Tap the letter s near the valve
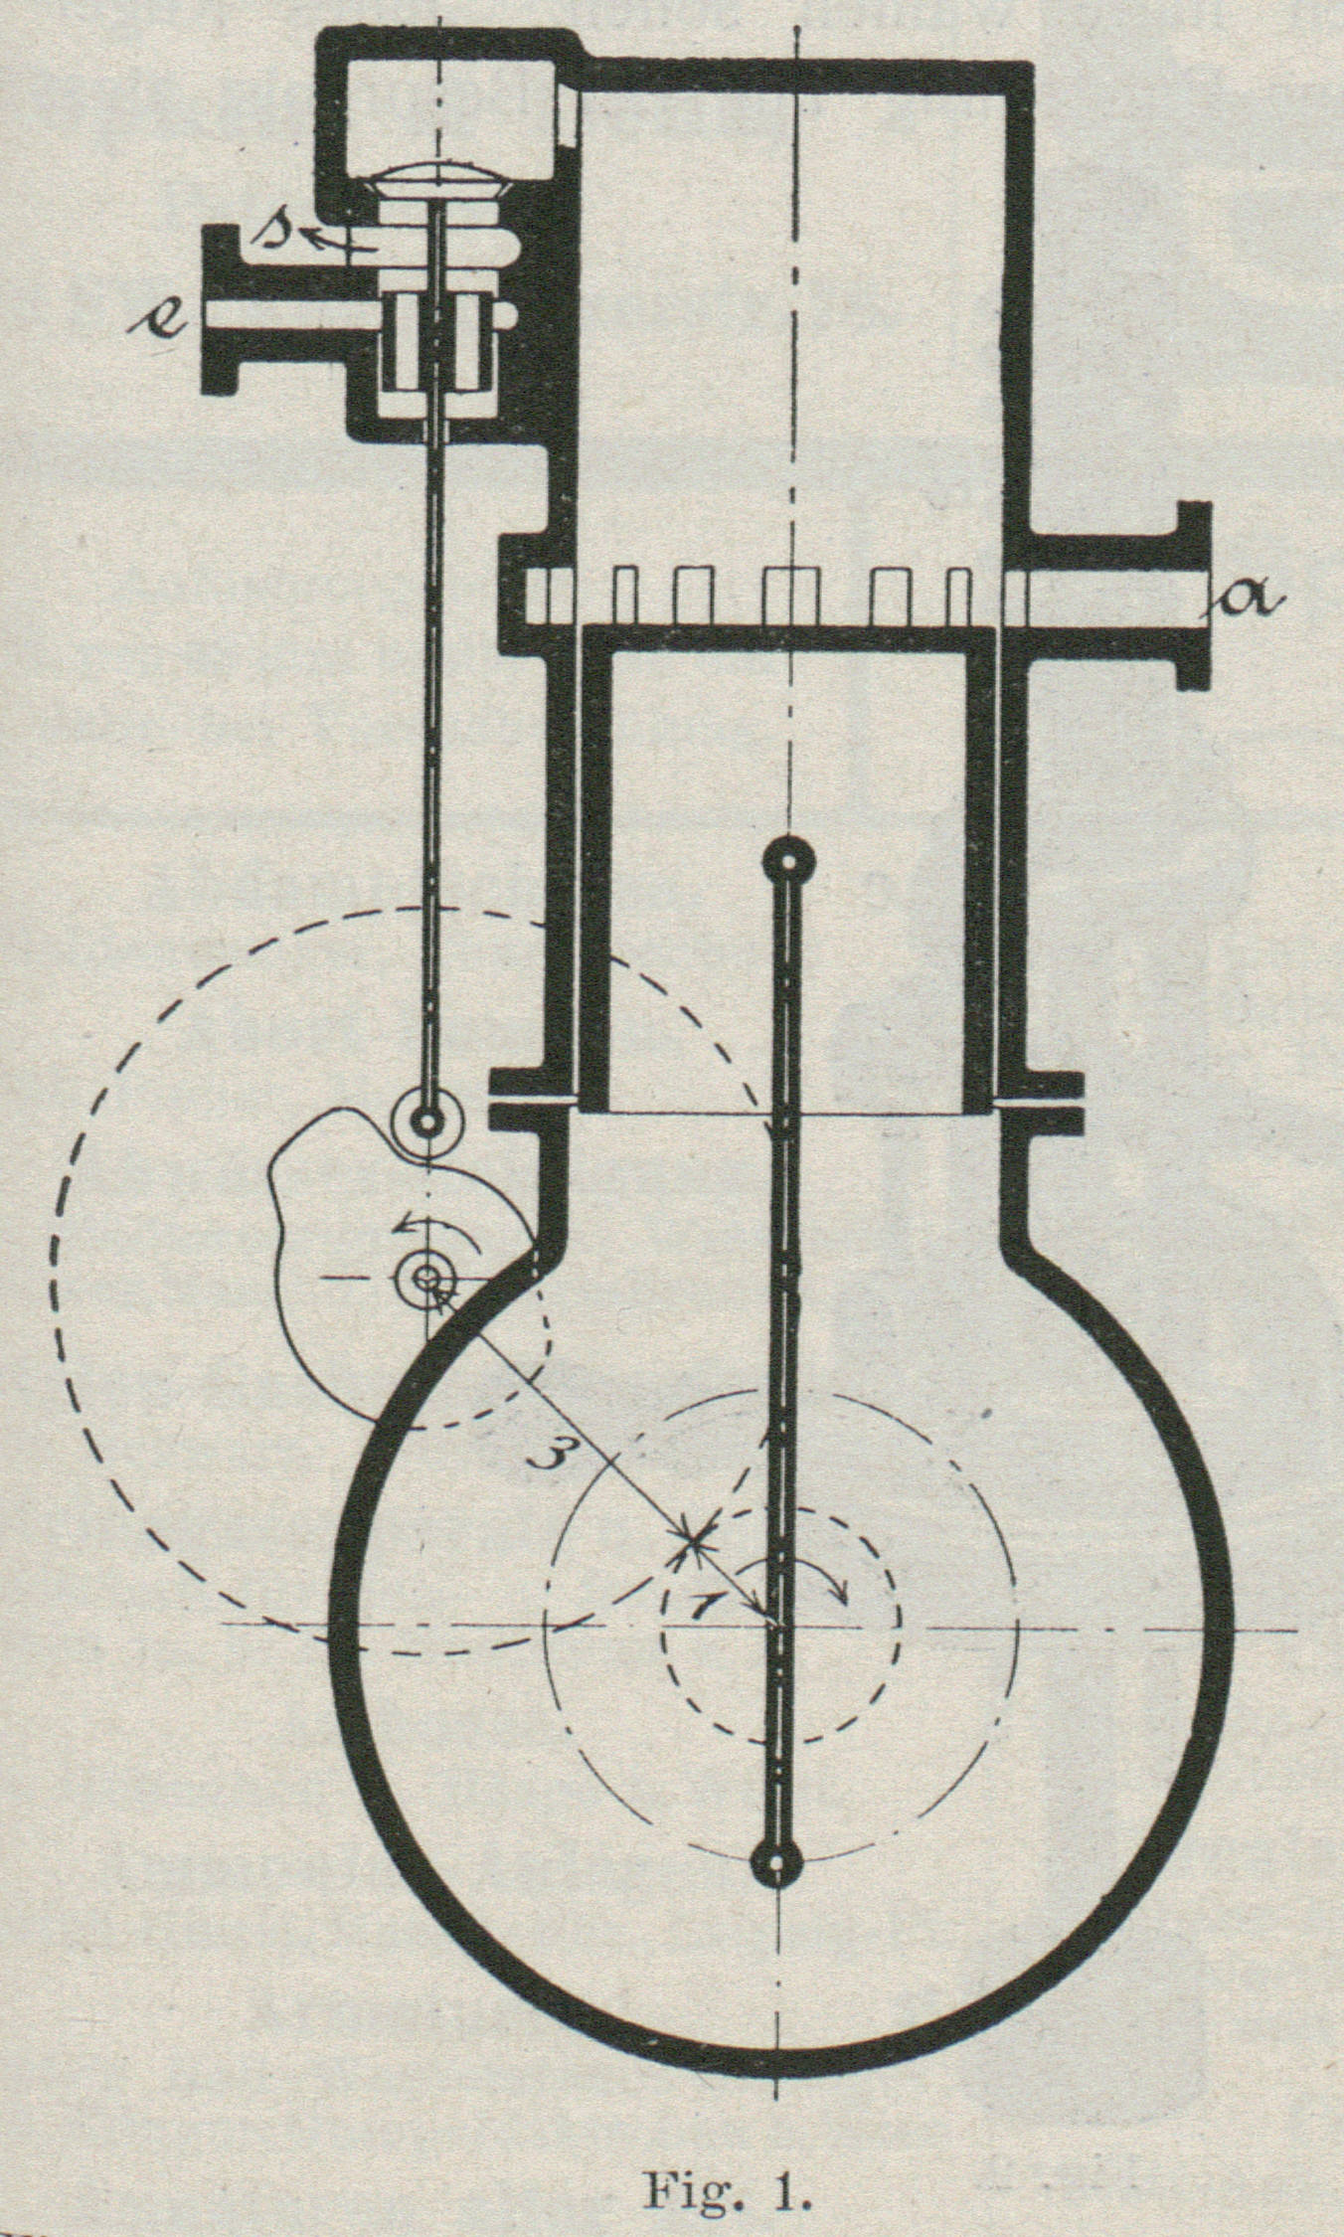[x=270, y=231]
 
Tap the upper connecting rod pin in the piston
[x=787, y=861]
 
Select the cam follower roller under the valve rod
[x=429, y=1121]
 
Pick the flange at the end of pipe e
[x=221, y=310]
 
